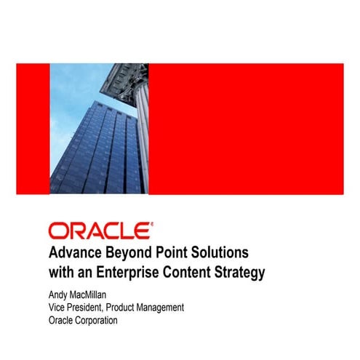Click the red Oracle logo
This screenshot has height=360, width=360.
[x=100, y=231]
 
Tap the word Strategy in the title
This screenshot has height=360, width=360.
[x=244, y=273]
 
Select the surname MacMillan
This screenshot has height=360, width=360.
[x=92, y=295]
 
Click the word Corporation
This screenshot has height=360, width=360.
[x=96, y=320]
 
